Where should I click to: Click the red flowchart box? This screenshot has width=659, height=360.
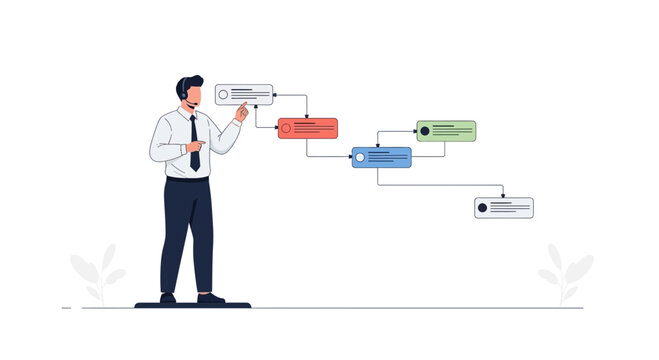coord(307,128)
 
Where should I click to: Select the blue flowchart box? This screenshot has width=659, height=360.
coord(381,157)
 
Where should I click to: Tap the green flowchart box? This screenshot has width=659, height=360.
coord(445,131)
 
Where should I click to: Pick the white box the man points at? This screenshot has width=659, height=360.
coord(243,95)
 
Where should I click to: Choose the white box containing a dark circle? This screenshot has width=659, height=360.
coord(503,207)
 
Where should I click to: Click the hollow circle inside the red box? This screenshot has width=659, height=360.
coord(286,128)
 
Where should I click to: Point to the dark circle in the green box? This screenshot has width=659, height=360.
coord(425,131)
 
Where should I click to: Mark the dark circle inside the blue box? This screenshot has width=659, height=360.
coord(361,157)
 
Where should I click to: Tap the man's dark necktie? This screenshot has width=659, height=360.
coord(194,141)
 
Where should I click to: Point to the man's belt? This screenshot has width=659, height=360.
coord(188,179)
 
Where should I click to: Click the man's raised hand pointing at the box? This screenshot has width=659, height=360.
coord(241,113)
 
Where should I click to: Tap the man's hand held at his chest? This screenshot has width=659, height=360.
coord(194,147)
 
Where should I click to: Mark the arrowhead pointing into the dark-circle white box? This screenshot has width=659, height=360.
coord(503,194)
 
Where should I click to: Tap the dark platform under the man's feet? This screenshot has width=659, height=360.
coord(192,305)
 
